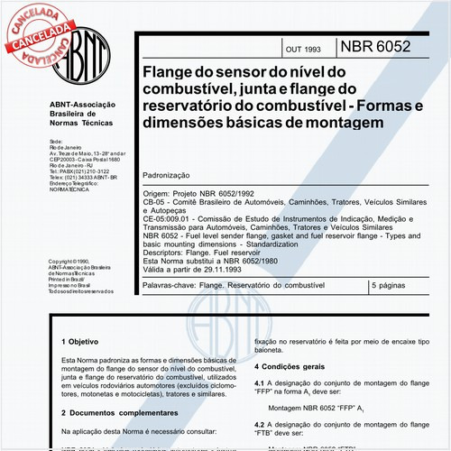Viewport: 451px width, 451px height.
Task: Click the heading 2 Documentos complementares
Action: (x=118, y=412)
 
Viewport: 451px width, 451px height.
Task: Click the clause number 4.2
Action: (x=260, y=423)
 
